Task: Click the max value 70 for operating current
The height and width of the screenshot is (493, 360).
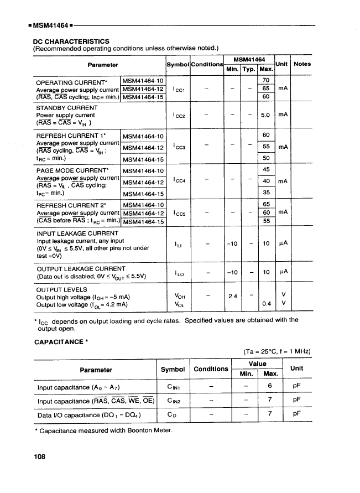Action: [x=265, y=81]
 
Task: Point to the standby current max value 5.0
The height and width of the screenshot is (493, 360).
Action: [x=265, y=115]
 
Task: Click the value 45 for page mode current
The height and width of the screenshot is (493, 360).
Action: [x=265, y=169]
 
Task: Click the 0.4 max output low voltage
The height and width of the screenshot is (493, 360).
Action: [x=265, y=304]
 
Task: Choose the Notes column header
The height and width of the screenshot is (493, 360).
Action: [x=302, y=64]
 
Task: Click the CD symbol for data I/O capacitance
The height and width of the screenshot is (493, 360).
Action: [x=172, y=414]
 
